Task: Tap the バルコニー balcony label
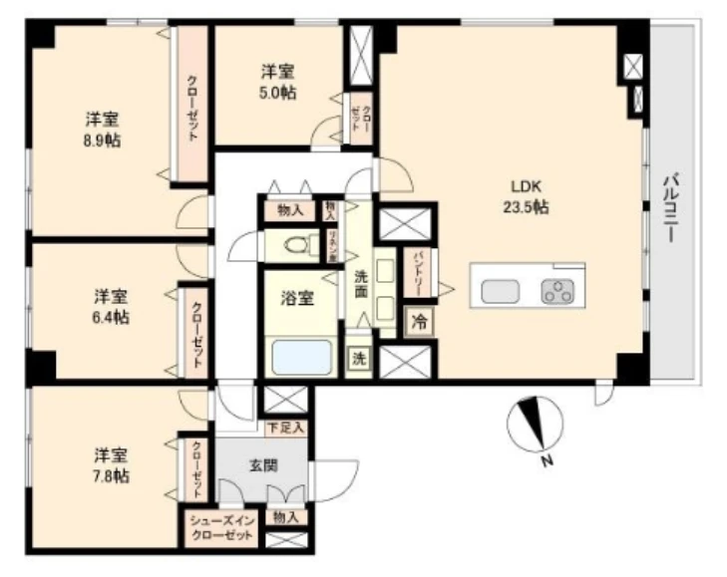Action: (x=674, y=210)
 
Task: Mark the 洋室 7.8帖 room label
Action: (x=111, y=464)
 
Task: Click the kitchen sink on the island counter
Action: (x=501, y=291)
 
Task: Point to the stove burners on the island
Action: (x=556, y=292)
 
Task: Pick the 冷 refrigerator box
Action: (x=419, y=322)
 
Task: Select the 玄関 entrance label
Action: (x=263, y=464)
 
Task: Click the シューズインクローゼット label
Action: (x=222, y=525)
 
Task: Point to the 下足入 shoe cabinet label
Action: (x=287, y=428)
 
